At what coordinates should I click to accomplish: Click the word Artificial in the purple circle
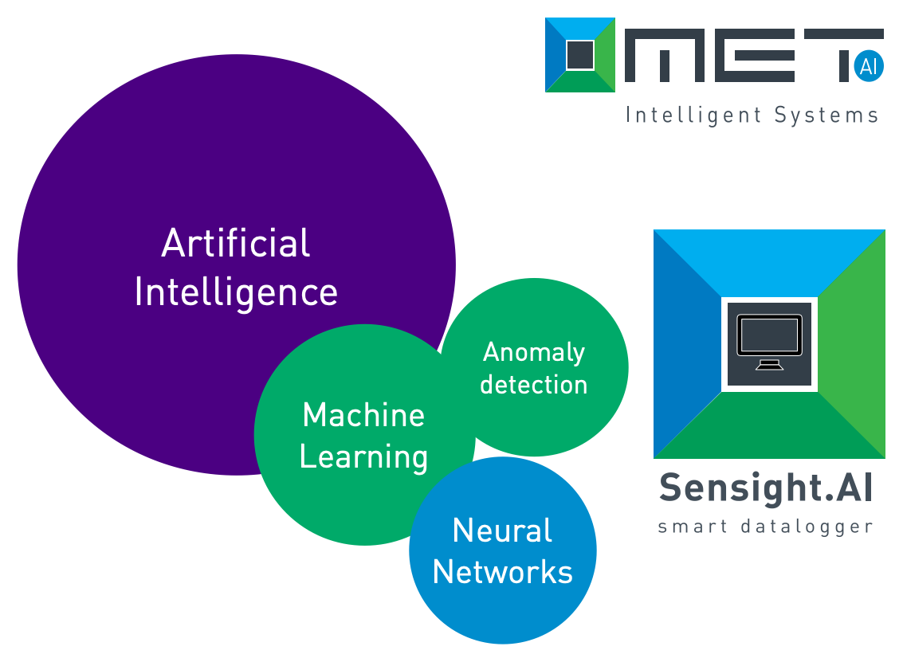[x=235, y=243]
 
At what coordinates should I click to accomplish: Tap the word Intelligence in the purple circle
[x=236, y=292]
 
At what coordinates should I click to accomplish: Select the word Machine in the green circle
[x=363, y=415]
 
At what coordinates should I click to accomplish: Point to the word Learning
[x=363, y=457]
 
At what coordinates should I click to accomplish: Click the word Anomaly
[x=534, y=352]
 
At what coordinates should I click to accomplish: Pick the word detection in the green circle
[x=534, y=385]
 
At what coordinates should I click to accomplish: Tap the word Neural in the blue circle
[x=502, y=531]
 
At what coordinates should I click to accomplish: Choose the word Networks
[x=502, y=572]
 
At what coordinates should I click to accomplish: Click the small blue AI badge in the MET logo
[x=868, y=67]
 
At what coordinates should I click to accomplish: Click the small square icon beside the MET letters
[x=580, y=55]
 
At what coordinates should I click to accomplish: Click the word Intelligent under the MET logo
[x=694, y=116]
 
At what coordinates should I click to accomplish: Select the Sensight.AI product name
[x=766, y=488]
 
